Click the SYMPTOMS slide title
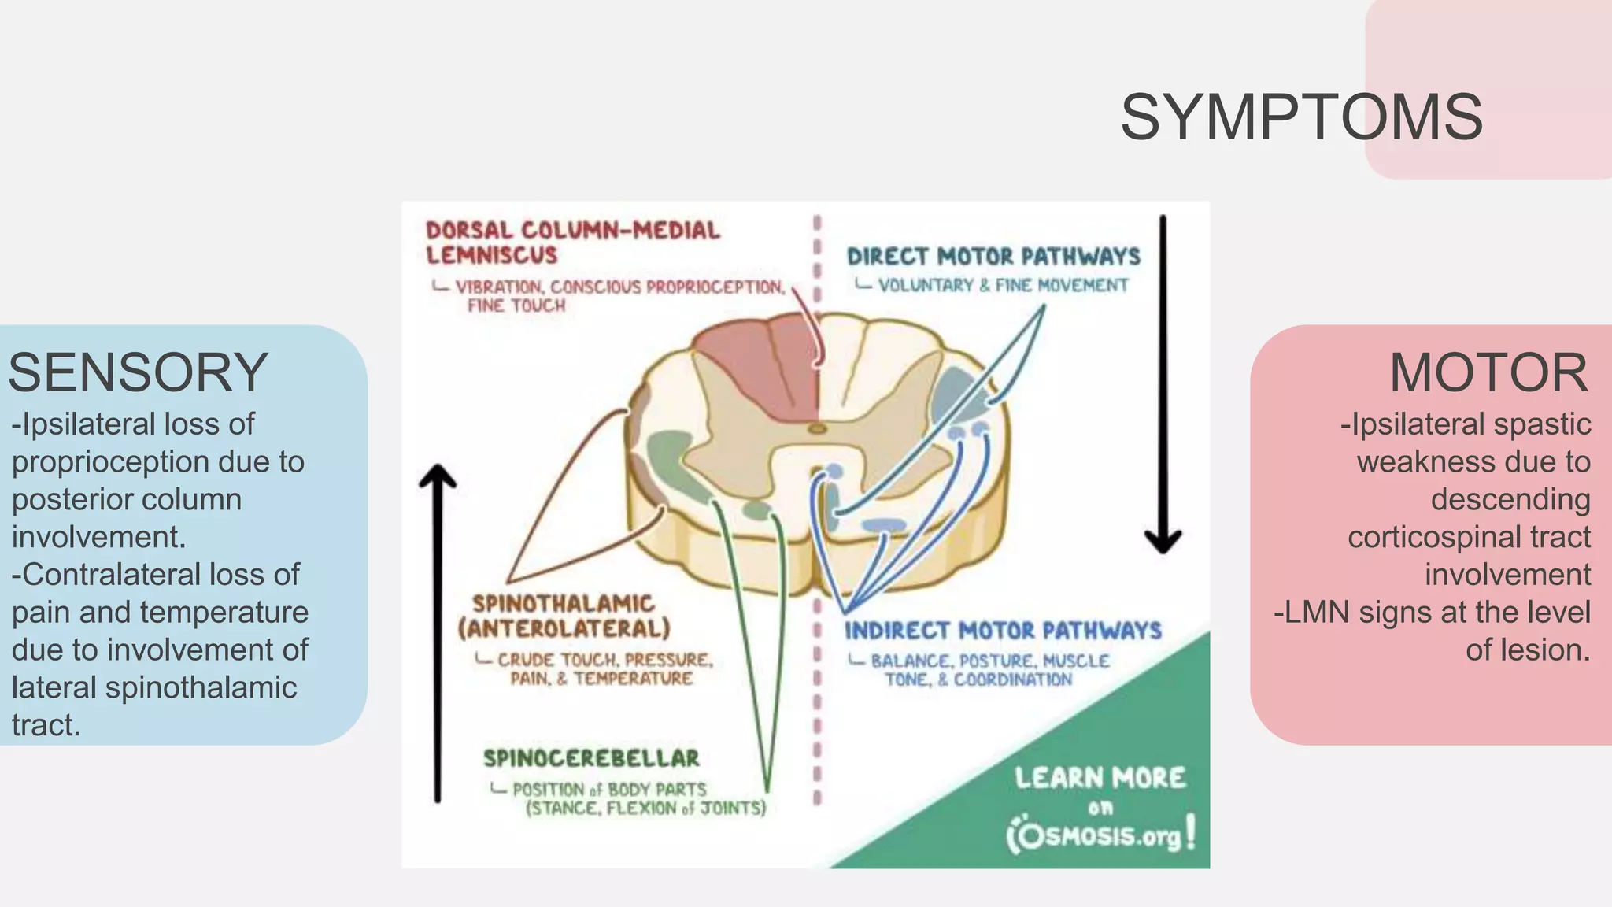(1301, 118)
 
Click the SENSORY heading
(139, 372)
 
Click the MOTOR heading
(1488, 372)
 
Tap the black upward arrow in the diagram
(438, 630)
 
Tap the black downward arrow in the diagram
(1163, 386)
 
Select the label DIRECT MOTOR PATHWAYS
(993, 257)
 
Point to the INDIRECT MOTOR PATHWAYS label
(1003, 631)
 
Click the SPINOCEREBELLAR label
(591, 758)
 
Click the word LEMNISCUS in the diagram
(492, 256)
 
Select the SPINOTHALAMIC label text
(564, 604)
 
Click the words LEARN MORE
(1100, 778)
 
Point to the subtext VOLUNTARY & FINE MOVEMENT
(1003, 285)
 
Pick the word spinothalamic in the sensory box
(201, 688)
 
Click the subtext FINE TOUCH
(516, 305)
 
